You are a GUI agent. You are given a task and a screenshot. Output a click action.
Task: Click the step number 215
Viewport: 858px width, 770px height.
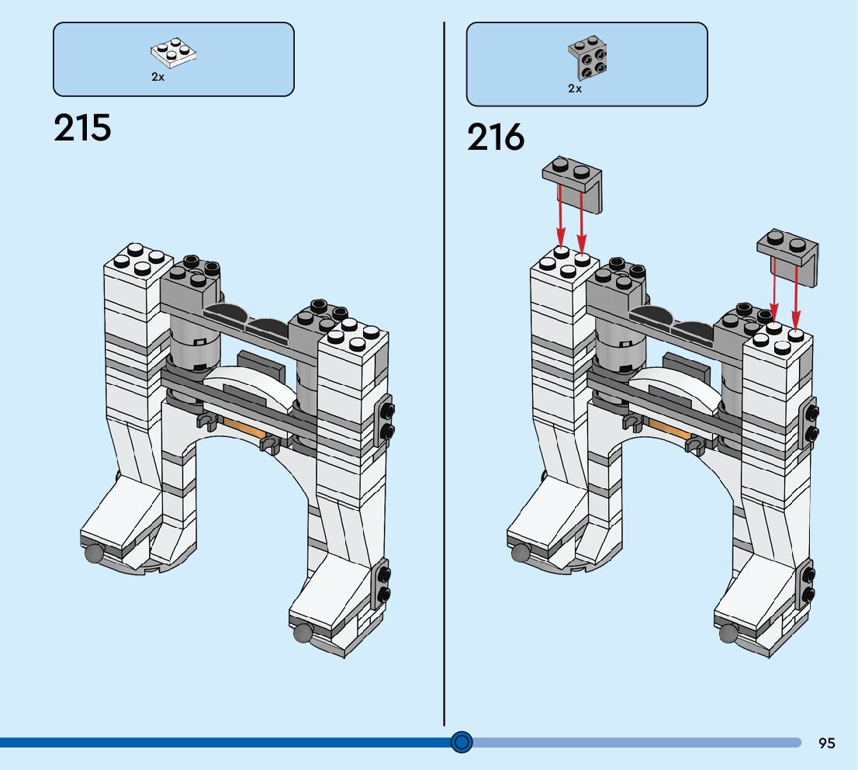pos(82,127)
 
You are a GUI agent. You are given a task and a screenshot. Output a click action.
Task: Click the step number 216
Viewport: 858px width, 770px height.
pos(496,137)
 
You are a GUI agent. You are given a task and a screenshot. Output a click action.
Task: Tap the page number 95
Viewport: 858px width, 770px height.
pos(827,743)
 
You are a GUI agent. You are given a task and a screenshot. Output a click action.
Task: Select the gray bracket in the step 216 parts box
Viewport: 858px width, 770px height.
pos(588,57)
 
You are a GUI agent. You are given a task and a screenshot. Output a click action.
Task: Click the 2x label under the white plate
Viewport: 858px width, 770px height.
pos(158,78)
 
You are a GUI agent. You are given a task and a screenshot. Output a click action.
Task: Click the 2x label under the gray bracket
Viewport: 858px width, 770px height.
pos(575,88)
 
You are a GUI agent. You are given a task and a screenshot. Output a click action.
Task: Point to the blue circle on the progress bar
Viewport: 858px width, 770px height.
pos(462,742)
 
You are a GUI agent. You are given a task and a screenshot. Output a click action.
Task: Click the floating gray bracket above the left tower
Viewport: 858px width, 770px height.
pos(574,179)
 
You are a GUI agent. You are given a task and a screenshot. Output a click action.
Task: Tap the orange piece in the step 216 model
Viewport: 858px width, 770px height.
pos(665,426)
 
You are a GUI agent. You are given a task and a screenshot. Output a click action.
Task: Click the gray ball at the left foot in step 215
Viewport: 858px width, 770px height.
pos(95,553)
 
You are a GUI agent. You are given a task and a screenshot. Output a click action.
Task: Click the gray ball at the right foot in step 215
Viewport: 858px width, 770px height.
pos(303,633)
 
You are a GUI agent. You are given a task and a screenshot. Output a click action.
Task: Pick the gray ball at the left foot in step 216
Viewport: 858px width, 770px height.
pos(521,552)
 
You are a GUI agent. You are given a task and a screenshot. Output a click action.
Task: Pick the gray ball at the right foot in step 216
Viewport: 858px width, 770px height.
pos(728,633)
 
